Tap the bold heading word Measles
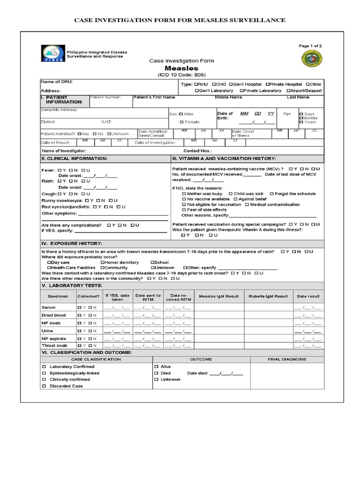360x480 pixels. [x=181, y=68]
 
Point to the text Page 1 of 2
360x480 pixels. [x=310, y=46]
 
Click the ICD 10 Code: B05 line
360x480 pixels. [x=181, y=75]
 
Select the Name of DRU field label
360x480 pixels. [x=57, y=82]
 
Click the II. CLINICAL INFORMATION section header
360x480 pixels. [x=75, y=159]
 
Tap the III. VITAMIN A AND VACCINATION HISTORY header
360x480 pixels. [x=224, y=159]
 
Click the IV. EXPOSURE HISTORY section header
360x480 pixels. [x=71, y=244]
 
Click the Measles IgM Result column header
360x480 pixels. [x=219, y=296]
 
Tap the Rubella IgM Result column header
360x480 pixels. [x=268, y=296]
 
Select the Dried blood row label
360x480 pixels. [x=53, y=315]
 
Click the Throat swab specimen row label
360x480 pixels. [x=54, y=345]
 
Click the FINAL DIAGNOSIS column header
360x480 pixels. [x=287, y=359]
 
